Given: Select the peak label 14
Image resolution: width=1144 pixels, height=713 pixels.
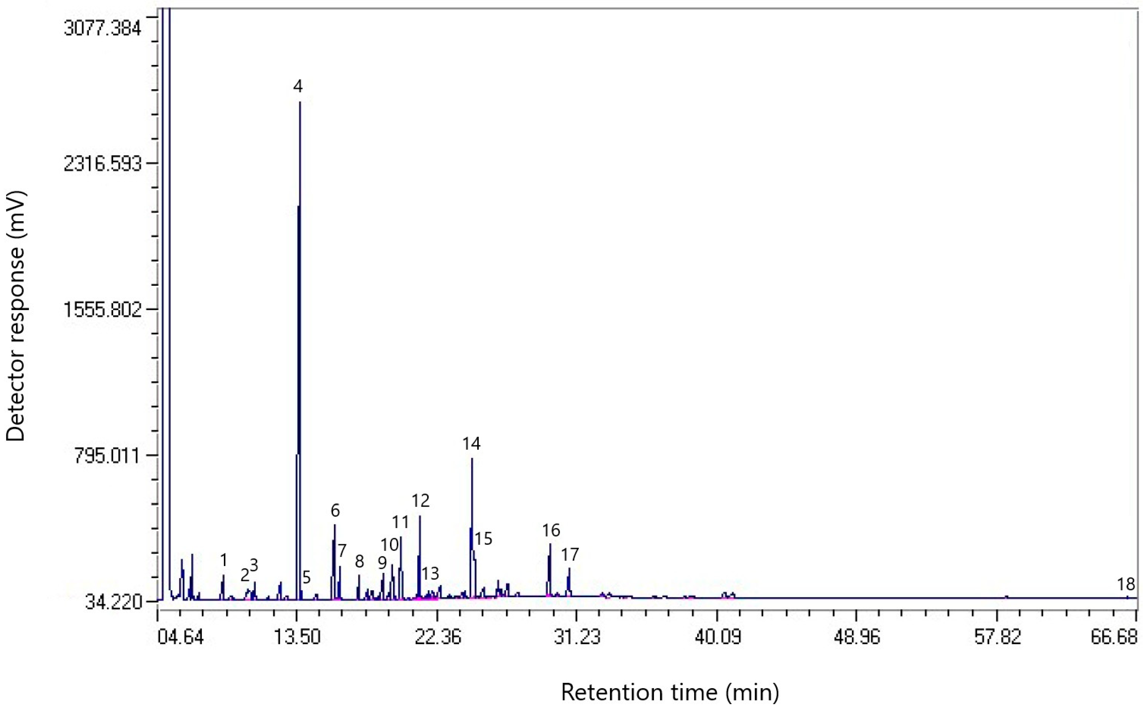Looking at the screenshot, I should pos(471,444).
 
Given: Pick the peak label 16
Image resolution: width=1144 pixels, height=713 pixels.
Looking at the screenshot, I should pos(551,530).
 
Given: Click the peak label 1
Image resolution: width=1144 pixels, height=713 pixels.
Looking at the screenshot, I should pos(224,560).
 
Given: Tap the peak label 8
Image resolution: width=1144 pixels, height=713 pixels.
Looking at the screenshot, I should pos(359,562).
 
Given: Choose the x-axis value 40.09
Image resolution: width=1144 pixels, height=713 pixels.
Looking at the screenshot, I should pos(717,637).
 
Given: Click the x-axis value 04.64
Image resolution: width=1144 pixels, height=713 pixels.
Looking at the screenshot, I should pos(181,637).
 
